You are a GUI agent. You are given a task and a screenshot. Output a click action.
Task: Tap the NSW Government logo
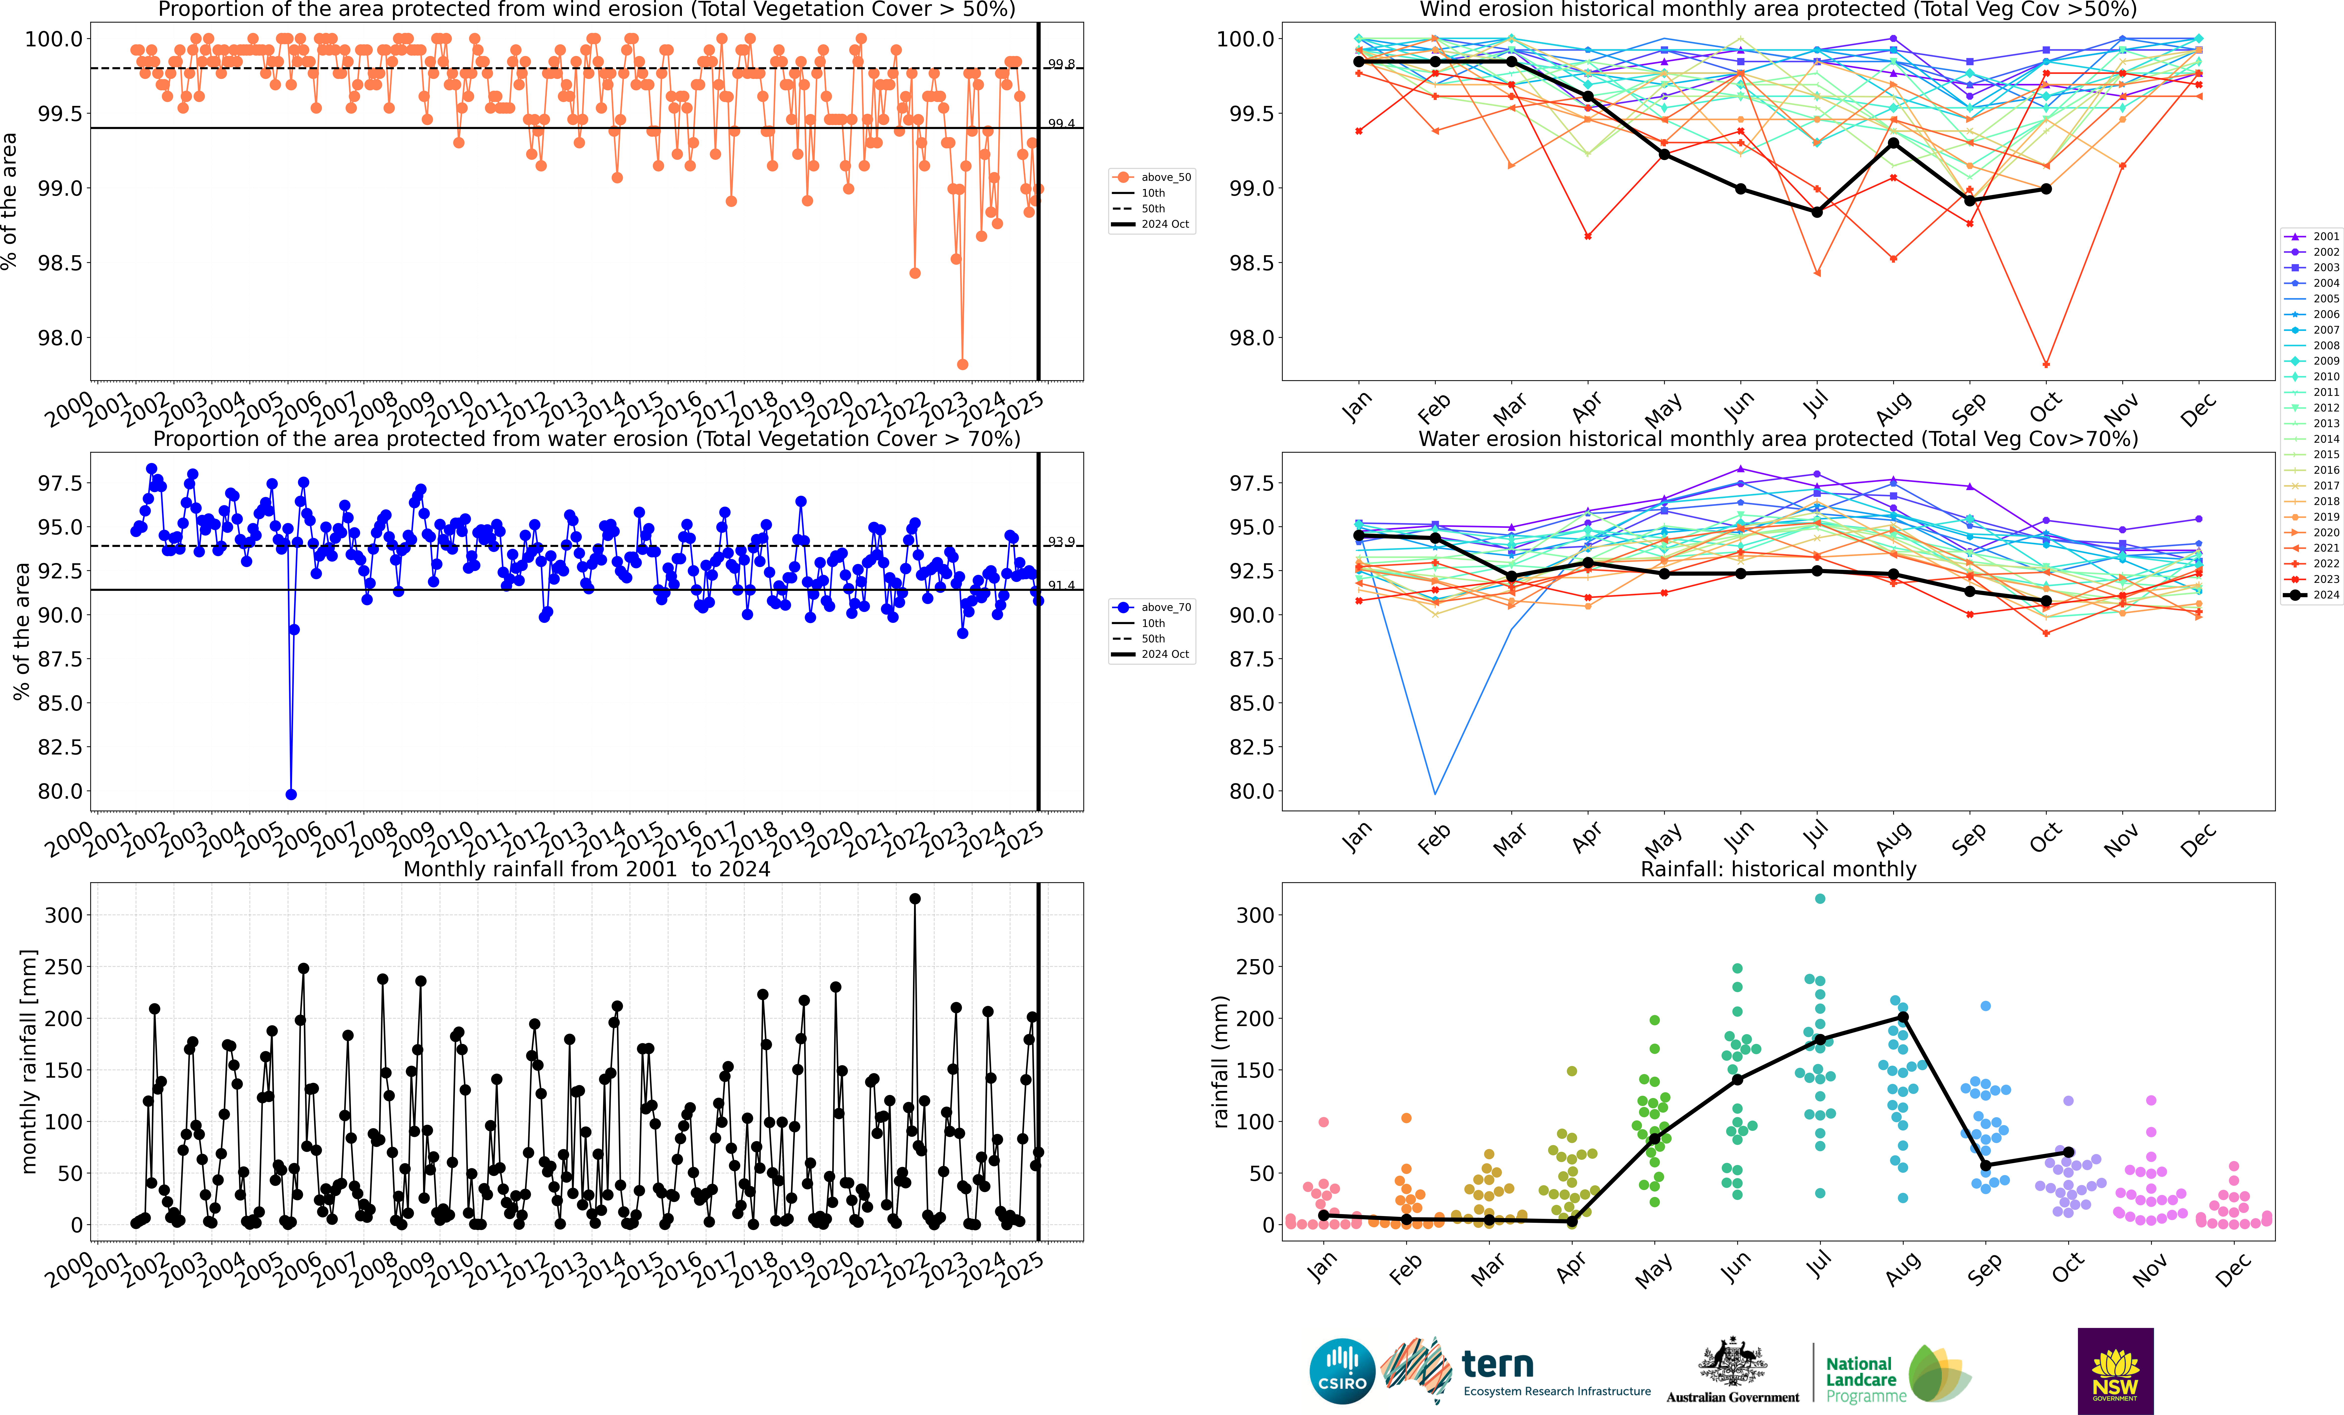click(2115, 1370)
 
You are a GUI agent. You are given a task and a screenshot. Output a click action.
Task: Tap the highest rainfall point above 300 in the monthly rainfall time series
click(915, 898)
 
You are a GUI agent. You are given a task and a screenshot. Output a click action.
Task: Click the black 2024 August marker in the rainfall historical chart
click(1903, 1017)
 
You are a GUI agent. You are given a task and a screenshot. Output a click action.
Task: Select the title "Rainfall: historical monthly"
click(1778, 869)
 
